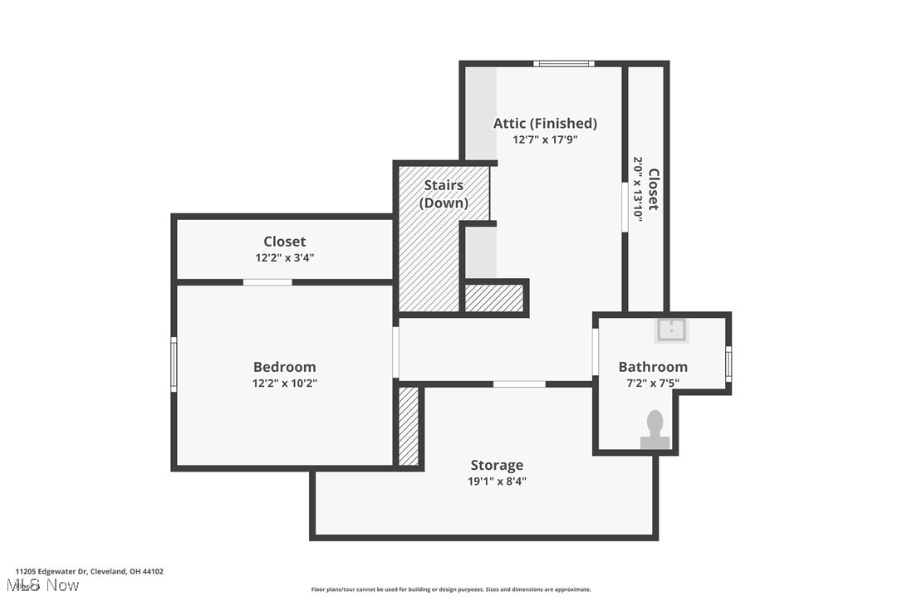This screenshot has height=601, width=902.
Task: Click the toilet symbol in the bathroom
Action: click(x=655, y=429)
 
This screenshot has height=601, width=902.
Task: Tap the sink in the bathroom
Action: click(x=671, y=330)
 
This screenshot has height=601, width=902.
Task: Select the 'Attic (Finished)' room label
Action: click(x=545, y=123)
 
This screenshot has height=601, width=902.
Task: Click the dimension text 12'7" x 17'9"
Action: click(x=545, y=139)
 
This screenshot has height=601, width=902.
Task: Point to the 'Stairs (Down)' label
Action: click(x=444, y=193)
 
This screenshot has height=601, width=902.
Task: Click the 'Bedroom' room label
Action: click(x=284, y=367)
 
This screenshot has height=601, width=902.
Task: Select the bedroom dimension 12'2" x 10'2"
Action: click(x=284, y=384)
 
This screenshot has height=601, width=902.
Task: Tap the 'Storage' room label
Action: click(x=497, y=465)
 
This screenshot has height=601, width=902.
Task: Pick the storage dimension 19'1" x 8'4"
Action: click(x=497, y=481)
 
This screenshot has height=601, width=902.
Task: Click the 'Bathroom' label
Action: click(x=653, y=367)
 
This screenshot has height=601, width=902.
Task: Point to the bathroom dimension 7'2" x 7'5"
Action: click(x=653, y=383)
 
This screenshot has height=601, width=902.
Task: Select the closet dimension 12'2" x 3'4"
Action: click(x=284, y=258)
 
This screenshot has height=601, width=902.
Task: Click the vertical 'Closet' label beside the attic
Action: click(x=654, y=189)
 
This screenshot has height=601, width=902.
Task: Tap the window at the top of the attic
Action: click(x=564, y=63)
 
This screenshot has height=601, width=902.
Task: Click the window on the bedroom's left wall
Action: click(x=174, y=364)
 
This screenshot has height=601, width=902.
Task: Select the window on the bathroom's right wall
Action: click(x=728, y=364)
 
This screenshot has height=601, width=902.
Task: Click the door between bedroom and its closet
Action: click(x=267, y=282)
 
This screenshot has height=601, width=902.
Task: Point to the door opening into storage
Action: click(x=519, y=384)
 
